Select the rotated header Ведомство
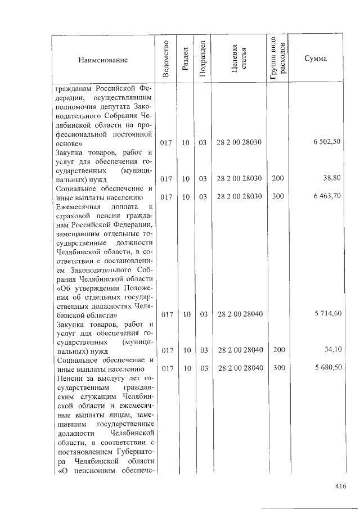(165, 60)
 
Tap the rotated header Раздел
(185, 60)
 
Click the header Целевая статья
(238, 60)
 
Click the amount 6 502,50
(327, 142)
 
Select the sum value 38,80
(332, 178)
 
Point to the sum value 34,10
(333, 350)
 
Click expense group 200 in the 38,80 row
(277, 178)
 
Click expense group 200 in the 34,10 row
(277, 350)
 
